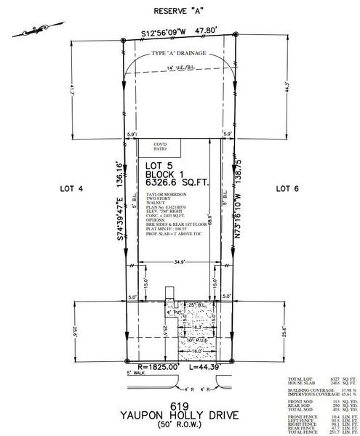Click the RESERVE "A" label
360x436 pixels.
(x=179, y=12)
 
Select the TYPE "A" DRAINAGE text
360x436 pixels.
(x=179, y=54)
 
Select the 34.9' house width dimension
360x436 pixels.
(x=180, y=259)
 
